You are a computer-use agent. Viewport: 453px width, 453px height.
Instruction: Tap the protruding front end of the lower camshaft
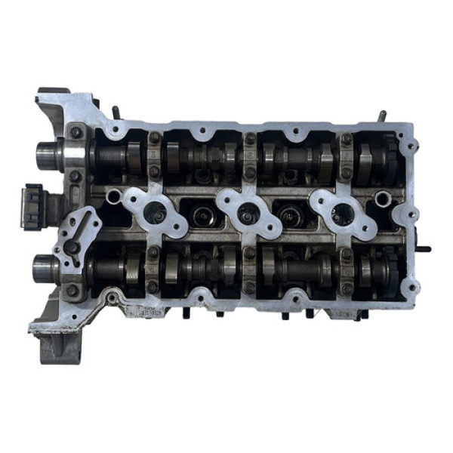coord(45,267)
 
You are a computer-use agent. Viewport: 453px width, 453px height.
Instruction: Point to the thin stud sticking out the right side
coord(424,248)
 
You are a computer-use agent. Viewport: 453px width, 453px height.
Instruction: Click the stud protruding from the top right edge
coord(383,116)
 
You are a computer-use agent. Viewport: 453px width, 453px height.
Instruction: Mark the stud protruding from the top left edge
coord(116,112)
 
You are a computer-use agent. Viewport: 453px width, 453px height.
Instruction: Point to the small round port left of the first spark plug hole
coord(114,198)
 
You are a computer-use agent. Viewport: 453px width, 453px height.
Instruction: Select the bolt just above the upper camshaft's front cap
coord(75,133)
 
